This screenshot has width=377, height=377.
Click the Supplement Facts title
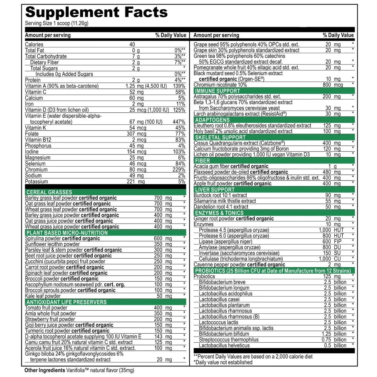pos(96,12)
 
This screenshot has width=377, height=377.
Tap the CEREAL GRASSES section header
pos(49,192)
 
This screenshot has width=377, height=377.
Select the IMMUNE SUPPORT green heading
pos(217,91)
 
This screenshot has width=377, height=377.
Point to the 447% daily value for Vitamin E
pos(178,122)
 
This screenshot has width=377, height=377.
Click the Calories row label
pos(34,44)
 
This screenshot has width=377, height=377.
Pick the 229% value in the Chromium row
pos(178,170)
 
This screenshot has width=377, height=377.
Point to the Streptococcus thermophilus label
pos(229,339)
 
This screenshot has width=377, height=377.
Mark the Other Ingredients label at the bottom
pos(41,370)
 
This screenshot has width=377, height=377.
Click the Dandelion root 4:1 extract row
pos(221,207)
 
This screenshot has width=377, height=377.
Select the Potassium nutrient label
pos(37,182)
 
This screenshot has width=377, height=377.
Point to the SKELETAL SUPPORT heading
pos(219,137)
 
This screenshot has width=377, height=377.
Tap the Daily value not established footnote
pos(223,362)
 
